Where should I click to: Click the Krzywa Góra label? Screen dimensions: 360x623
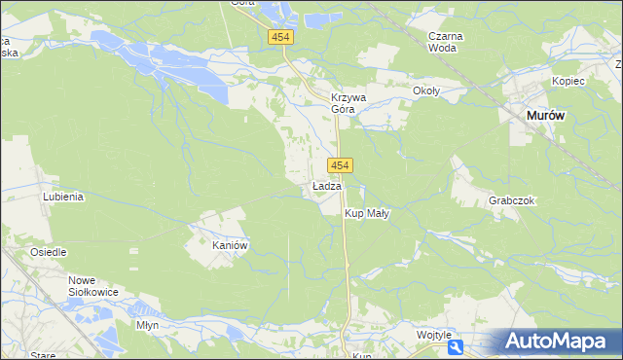pos(348,103)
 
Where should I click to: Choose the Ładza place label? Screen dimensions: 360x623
pos(327,185)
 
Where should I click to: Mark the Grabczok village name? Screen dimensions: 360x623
pos(512,200)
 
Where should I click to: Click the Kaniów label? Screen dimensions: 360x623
pos(232,246)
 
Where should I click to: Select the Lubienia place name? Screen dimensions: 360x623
pos(63,196)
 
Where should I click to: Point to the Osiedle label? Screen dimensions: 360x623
pos(48,252)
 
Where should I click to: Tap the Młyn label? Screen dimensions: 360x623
pos(148,325)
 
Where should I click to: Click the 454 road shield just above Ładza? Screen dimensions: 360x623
pos(340,166)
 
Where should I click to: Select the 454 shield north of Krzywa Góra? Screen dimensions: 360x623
pos(281,37)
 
